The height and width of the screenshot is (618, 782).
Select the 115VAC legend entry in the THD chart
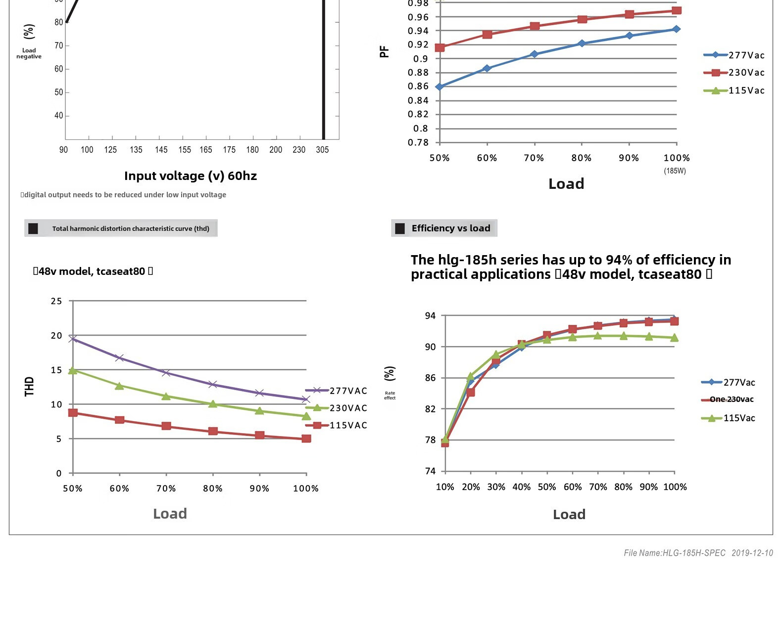[x=337, y=425]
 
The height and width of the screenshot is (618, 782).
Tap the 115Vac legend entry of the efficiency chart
[x=729, y=418]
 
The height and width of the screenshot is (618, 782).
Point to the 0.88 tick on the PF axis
[x=418, y=73]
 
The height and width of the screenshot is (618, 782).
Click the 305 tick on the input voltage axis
[x=322, y=150]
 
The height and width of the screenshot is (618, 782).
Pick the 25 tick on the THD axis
[x=56, y=301]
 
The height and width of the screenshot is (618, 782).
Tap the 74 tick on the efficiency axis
[x=430, y=471]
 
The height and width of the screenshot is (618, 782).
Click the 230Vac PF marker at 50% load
[x=440, y=47]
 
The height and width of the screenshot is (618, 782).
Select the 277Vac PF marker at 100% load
[x=676, y=29]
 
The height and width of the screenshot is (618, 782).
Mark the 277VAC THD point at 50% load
[x=73, y=339]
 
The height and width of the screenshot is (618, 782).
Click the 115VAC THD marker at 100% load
[x=306, y=439]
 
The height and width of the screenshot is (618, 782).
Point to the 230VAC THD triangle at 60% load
[x=119, y=386]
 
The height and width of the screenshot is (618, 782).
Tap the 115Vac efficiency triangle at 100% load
[x=674, y=338]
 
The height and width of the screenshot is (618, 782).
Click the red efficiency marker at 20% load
[x=471, y=392]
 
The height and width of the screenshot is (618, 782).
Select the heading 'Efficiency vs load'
[x=450, y=228]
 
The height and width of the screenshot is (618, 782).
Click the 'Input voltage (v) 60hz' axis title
[x=191, y=176]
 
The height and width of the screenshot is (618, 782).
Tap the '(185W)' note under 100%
[x=675, y=171]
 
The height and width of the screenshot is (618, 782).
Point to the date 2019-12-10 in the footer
[x=752, y=553]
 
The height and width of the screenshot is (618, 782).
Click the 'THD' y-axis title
[x=29, y=386]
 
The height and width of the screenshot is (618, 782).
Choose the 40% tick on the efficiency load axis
[x=521, y=487]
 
